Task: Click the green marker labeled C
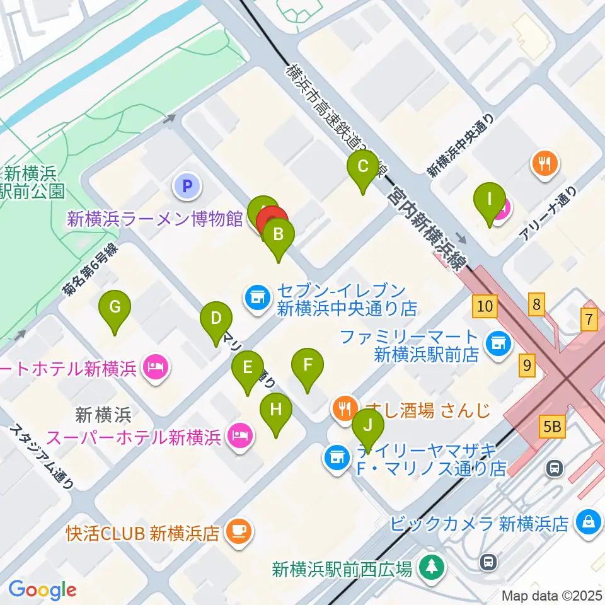[x=362, y=168]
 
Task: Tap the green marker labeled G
[x=115, y=308]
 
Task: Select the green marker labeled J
[x=369, y=425]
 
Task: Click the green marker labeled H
[x=276, y=410]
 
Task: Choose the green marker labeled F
[x=308, y=366]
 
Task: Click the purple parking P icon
[x=187, y=186]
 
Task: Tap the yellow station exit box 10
[x=485, y=307]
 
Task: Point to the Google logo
[x=42, y=590]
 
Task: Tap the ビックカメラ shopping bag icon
[x=588, y=522]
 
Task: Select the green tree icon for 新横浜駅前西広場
[x=432, y=567]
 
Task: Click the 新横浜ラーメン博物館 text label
[x=155, y=219]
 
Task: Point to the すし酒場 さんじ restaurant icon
[x=344, y=410]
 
